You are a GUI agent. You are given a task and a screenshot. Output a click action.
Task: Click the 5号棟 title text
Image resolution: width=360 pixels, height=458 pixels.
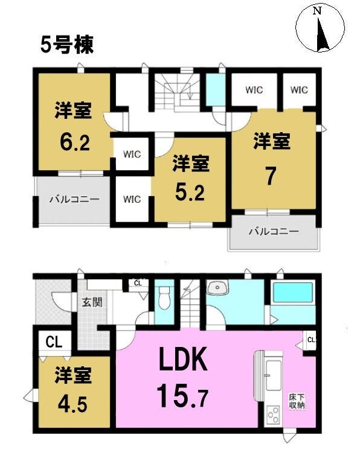tap(67, 45)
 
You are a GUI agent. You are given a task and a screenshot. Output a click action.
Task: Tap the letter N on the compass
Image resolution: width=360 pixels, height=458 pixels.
tap(317, 10)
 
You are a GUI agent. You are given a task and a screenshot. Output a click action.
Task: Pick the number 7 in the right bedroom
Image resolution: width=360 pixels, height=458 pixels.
tap(271, 176)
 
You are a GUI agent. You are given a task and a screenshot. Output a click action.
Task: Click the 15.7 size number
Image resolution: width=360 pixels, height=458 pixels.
tap(182, 396)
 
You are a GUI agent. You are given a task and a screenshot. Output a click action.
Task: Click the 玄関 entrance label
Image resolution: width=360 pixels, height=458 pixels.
tap(92, 302)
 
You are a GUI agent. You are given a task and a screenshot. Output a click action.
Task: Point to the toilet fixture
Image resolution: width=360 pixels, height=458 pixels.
tap(164, 297)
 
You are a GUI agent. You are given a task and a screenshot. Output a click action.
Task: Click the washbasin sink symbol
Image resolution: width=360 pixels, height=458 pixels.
tap(217, 288)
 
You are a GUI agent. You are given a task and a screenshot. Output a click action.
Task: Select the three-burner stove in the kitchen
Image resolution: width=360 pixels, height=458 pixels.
tap(274, 415)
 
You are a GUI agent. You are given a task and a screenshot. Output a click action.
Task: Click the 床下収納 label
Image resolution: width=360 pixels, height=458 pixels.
tap(297, 401)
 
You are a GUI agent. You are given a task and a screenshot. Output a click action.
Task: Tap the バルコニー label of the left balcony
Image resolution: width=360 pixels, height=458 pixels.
tap(74, 200)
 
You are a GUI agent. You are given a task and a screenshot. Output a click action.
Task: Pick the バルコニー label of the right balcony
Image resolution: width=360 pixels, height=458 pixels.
tap(274, 232)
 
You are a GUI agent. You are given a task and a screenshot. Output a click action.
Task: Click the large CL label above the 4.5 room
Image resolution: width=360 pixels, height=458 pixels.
tap(54, 342)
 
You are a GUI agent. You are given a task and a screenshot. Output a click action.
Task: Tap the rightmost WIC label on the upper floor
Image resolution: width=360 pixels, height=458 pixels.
tap(299, 90)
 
